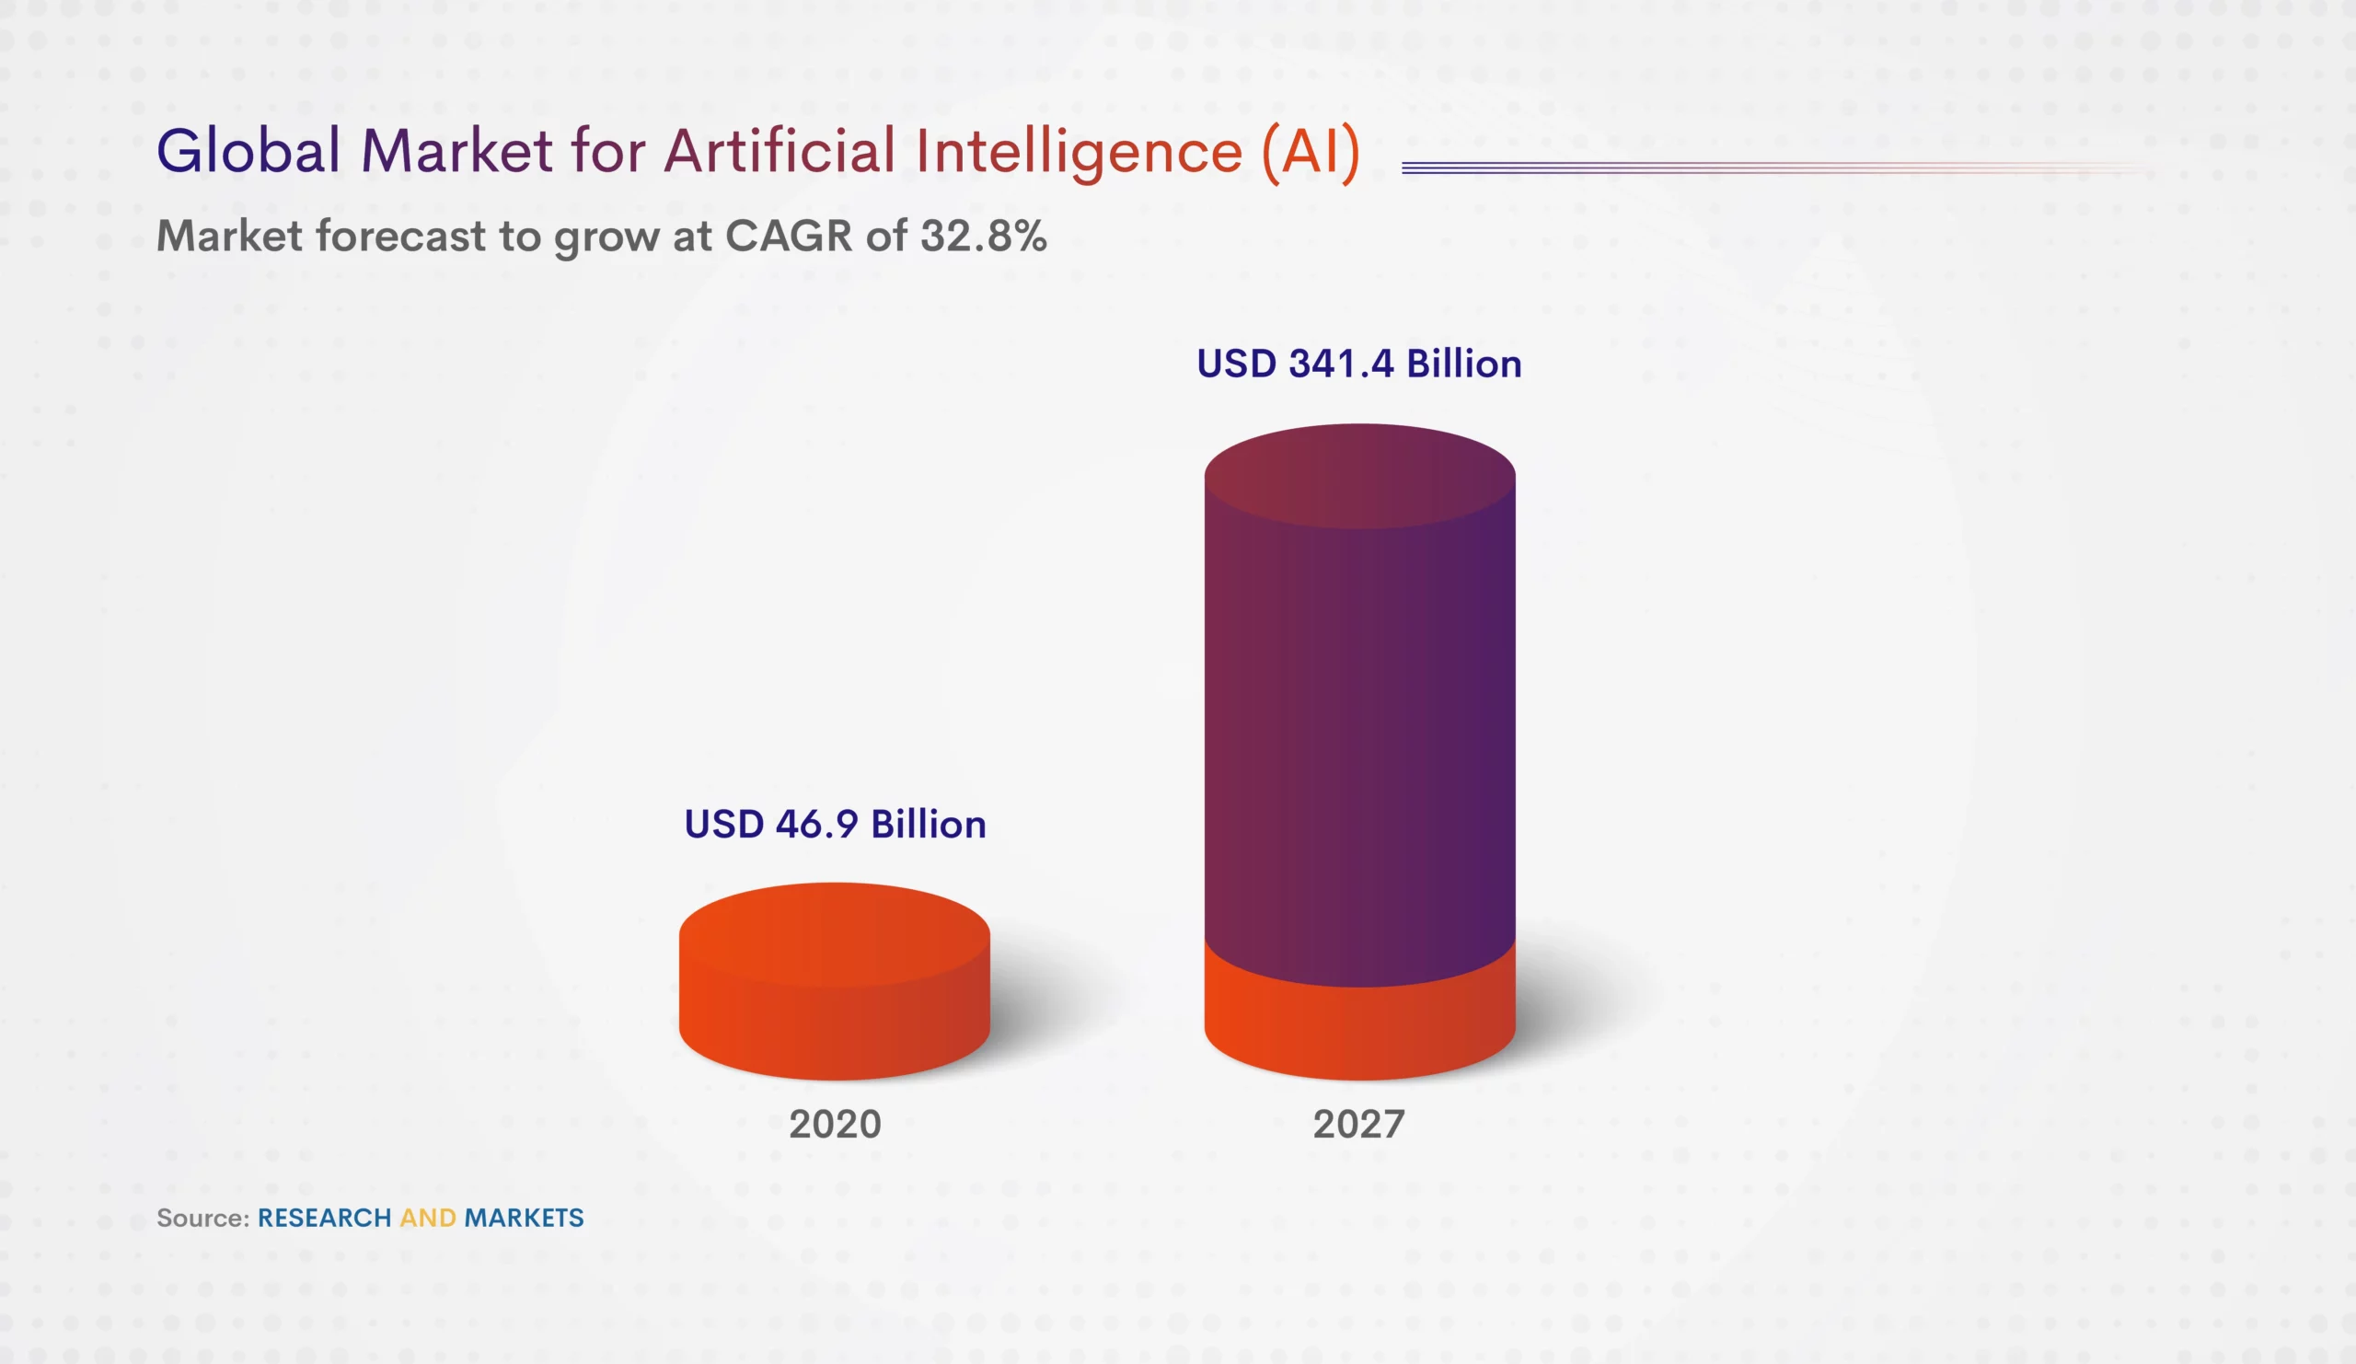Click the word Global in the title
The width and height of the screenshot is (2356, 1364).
pyautogui.click(x=248, y=151)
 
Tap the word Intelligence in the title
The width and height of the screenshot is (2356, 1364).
pyautogui.click(x=1078, y=153)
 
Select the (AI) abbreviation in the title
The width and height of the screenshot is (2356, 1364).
pyautogui.click(x=1311, y=153)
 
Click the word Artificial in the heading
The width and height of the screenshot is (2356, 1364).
pyautogui.click(x=779, y=151)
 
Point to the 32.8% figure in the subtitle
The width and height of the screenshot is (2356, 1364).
pyautogui.click(x=983, y=236)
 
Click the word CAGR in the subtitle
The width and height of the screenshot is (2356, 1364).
pyautogui.click(x=788, y=236)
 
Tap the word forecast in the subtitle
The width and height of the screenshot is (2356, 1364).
pyautogui.click(x=400, y=236)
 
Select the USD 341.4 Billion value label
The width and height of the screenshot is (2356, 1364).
pyautogui.click(x=1358, y=364)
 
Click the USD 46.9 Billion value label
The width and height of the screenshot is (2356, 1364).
pyautogui.click(x=835, y=824)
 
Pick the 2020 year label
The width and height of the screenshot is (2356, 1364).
pyautogui.click(x=835, y=1124)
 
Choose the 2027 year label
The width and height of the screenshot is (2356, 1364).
pyautogui.click(x=1358, y=1124)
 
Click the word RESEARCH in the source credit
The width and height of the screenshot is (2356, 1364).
pyautogui.click(x=325, y=1218)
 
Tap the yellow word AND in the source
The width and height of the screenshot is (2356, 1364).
pyautogui.click(x=428, y=1218)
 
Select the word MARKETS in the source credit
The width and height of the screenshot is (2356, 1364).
pyautogui.click(x=524, y=1218)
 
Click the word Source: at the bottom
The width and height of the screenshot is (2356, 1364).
pyautogui.click(x=202, y=1218)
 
